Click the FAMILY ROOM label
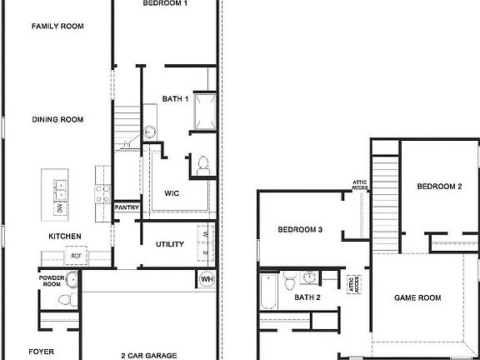pos(58,27)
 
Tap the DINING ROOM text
pos(58,120)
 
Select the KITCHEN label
pos(64,237)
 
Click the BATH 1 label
pos(176,99)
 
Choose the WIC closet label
pos(172,192)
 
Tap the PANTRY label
pos(127,207)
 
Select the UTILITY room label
pos(169,244)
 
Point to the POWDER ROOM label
pos(52,281)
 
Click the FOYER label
pos(42,352)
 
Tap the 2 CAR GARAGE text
pos(148,355)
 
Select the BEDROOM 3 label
pos(300,229)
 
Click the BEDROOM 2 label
pos(439,187)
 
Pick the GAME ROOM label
pos(417,297)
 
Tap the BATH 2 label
pos(307,297)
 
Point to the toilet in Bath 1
pos(203,164)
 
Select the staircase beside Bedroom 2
pos(384,200)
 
